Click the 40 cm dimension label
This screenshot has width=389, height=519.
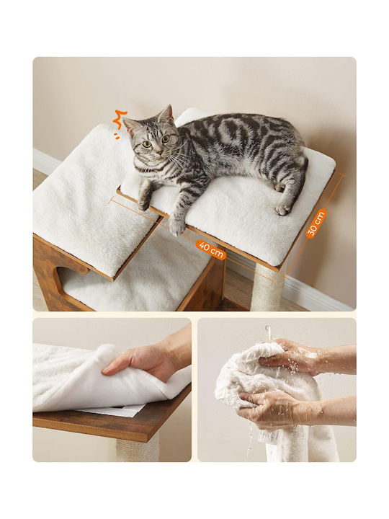coord(210,250)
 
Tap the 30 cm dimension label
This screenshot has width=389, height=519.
coord(316,223)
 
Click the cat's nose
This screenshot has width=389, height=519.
coord(160,152)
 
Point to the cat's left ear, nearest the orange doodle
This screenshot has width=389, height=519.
coord(130,126)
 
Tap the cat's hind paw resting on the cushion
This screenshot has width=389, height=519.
coord(283,208)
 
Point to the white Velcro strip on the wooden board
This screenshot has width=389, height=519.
coord(112,410)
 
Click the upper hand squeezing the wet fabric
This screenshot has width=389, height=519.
coord(291,356)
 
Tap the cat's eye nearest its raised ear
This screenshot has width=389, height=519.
coord(166,139)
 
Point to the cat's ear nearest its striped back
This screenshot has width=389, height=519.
coord(166,113)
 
